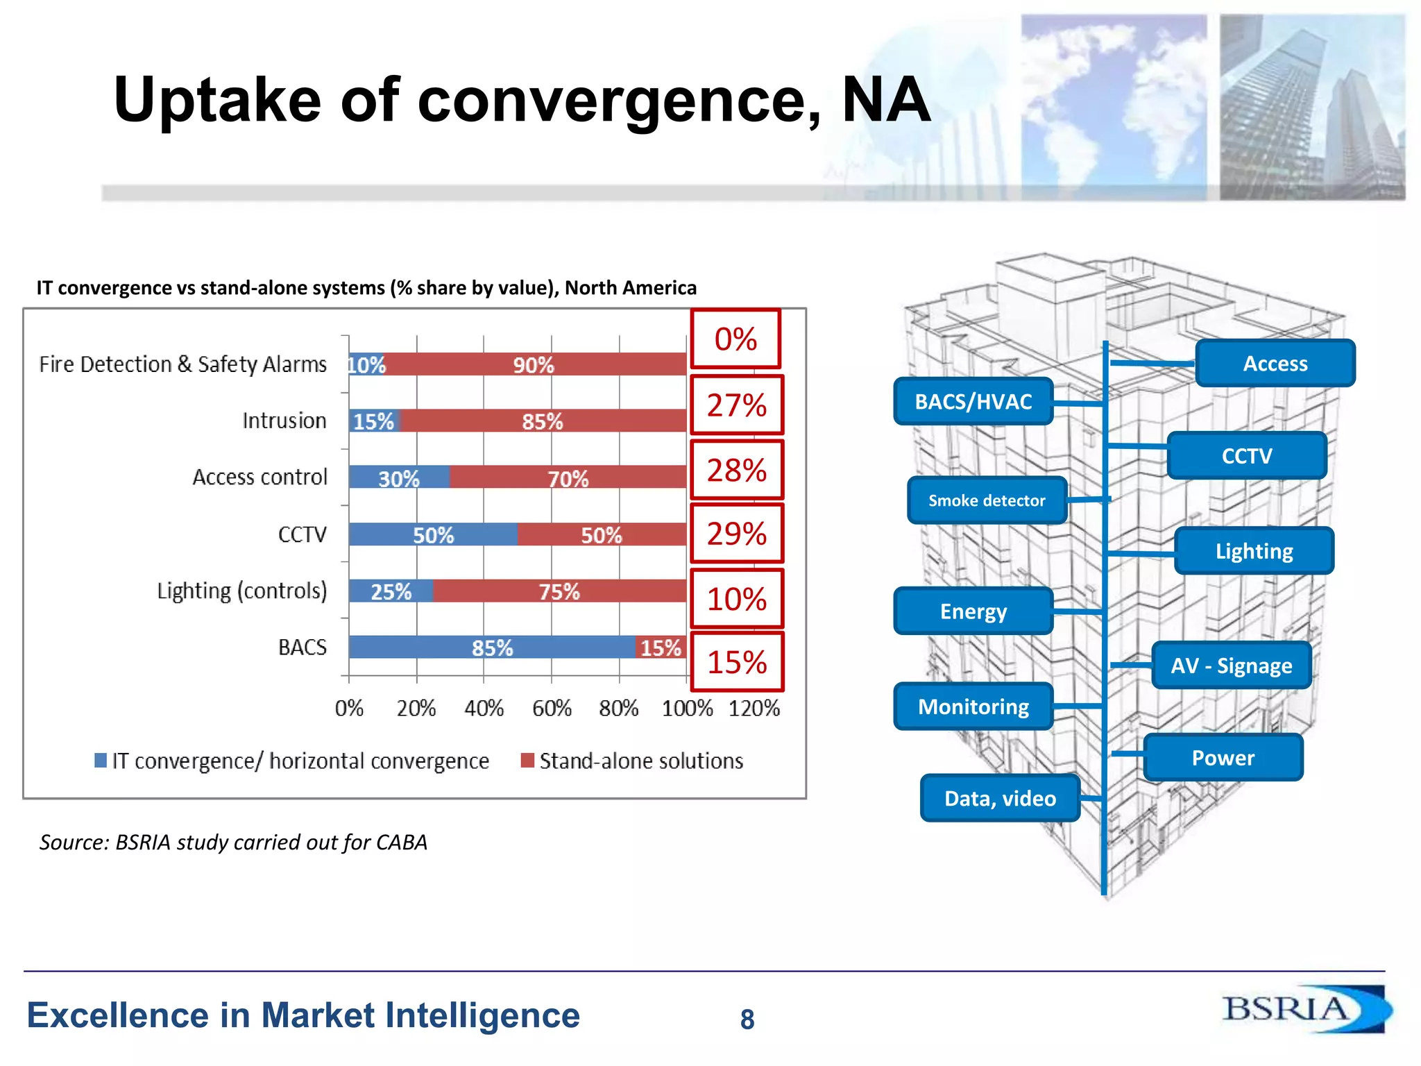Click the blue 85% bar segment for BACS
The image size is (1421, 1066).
(492, 648)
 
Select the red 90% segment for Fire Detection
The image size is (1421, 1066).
(534, 364)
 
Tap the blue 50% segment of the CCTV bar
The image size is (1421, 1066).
(433, 534)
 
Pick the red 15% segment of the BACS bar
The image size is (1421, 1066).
(661, 648)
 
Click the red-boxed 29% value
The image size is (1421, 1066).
(737, 534)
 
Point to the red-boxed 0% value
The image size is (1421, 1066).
(735, 339)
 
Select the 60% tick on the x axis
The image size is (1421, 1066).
(552, 708)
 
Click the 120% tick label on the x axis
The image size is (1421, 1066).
(754, 708)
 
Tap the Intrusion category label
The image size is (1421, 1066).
(284, 421)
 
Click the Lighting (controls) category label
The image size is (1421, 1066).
(241, 591)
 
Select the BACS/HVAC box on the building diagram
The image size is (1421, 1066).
(973, 402)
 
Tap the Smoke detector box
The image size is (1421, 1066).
(987, 500)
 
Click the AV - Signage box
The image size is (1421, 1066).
(1231, 666)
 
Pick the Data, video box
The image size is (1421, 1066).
(1000, 799)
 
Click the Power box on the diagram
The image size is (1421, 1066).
(1223, 758)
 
